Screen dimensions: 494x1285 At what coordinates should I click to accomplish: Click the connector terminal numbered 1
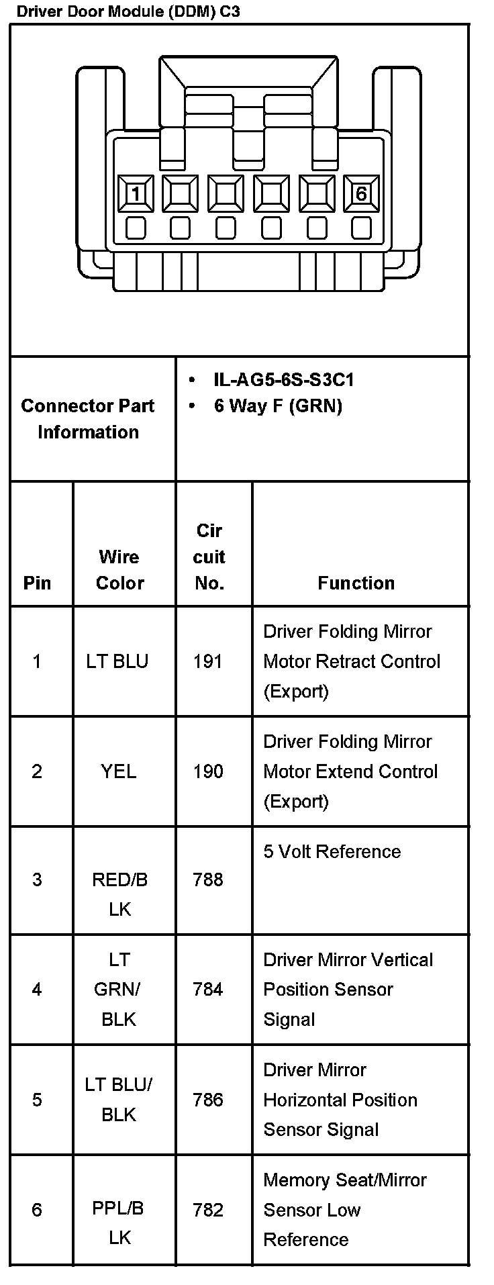[136, 194]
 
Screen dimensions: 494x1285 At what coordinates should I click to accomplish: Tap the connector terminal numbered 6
[361, 194]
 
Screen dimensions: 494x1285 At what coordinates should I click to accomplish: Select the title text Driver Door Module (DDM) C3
[128, 11]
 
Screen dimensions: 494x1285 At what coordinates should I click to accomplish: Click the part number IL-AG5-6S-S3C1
[283, 380]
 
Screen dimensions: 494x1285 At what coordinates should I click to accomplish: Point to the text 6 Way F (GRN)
[278, 406]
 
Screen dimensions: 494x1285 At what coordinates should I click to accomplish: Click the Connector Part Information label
[88, 419]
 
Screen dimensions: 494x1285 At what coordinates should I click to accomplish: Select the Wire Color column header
[119, 569]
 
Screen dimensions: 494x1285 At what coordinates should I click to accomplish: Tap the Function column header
[356, 583]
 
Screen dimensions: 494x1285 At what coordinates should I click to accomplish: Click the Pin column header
[37, 583]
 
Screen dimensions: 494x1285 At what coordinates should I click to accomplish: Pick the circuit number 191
[207, 661]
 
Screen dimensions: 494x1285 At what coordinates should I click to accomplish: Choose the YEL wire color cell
[119, 771]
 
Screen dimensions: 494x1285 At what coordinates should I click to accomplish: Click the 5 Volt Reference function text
[332, 851]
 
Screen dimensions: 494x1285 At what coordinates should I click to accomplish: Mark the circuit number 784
[207, 989]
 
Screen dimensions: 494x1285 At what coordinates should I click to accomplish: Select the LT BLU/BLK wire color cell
[119, 1099]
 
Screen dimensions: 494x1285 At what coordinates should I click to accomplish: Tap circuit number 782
[207, 1209]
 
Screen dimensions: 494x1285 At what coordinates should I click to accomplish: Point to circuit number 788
[207, 879]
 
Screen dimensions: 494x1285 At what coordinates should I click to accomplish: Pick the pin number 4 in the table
[37, 989]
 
